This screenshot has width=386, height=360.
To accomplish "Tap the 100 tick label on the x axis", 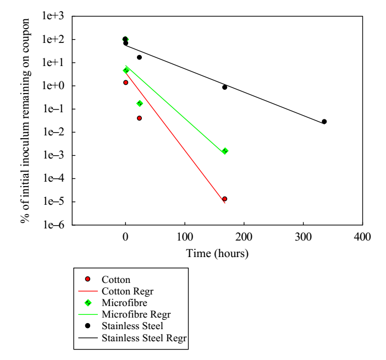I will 185,237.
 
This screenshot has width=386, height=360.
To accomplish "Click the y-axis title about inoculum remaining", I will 25,121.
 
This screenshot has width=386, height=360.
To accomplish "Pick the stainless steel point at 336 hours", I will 324,122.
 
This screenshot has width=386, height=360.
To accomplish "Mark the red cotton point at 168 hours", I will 224,199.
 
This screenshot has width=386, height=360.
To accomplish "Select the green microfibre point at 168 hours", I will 225,151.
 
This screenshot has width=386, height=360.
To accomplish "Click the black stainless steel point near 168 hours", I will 224,87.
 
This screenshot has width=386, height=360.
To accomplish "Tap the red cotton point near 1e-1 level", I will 139,118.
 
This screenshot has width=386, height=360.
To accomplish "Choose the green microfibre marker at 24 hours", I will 140,103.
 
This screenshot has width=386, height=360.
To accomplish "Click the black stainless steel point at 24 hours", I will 139,57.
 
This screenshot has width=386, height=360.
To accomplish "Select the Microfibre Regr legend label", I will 137,314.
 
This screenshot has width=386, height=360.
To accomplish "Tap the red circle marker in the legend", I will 88,279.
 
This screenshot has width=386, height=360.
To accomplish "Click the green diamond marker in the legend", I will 88,303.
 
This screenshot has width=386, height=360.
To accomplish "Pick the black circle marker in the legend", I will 88,327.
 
